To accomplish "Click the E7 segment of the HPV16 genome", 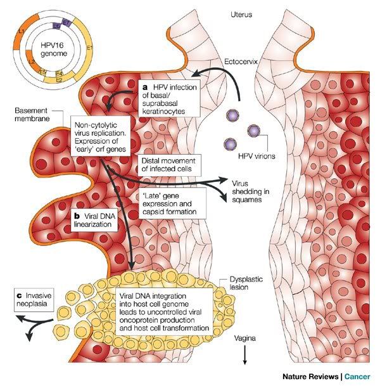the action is [66, 23].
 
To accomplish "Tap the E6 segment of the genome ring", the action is [56, 25].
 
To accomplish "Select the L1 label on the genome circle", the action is [22, 32].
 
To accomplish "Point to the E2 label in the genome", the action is [59, 80].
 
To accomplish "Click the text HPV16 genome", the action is [54, 49].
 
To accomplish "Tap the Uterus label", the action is [241, 15].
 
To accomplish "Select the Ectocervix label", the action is [241, 61].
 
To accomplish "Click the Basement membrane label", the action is [32, 114].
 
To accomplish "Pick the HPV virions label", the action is [256, 156].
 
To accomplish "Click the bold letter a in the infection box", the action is [145, 87].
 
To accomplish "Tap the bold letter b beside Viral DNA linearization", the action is [77, 216].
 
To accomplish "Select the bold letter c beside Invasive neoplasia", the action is [20, 295].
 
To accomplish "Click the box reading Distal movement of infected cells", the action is [169, 165].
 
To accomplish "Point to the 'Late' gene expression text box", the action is [172, 203].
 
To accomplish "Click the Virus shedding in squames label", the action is [250, 191].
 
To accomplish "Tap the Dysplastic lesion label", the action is [246, 283].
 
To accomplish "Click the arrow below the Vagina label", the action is [244, 355].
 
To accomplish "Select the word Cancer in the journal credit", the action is [357, 377].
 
